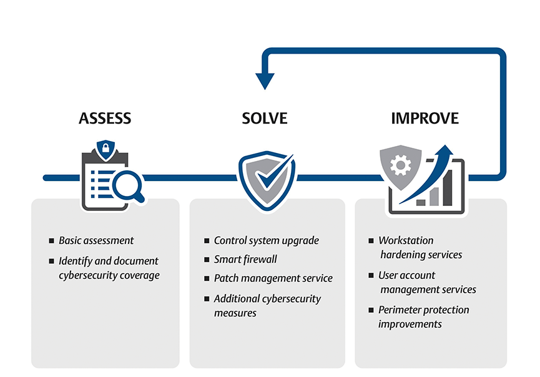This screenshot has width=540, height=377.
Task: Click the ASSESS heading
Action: pos(105,118)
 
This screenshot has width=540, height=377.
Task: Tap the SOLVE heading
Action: pos(265,118)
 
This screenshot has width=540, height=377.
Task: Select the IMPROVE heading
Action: pos(425,118)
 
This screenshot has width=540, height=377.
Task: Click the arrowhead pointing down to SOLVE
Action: pos(265,81)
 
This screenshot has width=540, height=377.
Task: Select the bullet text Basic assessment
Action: pos(96,240)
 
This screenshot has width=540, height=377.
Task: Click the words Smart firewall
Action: pos(245,259)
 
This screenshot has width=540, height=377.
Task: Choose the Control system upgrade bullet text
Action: pos(266,240)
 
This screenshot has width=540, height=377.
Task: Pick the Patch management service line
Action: pos(273,278)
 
